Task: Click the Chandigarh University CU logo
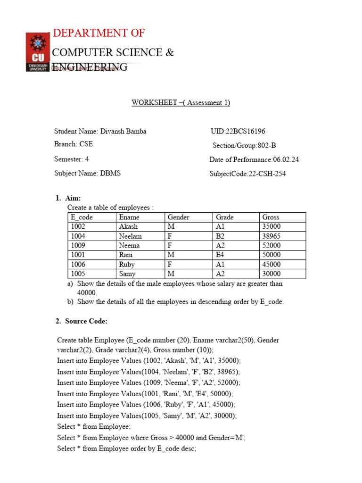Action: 37,52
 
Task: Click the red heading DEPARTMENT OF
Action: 99,33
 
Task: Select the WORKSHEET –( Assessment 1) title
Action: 181,103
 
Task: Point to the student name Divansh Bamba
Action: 100,132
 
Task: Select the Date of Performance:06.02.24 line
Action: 254,160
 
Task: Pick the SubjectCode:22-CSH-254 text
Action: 247,174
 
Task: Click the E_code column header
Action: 82,217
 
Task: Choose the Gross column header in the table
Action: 271,217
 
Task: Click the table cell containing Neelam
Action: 130,236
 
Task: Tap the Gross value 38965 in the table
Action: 271,236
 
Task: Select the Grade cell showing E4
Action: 220,255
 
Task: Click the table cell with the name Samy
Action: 127,274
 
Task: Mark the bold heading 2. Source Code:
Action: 81,321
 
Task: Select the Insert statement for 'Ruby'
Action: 146,405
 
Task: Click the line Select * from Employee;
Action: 94,426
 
